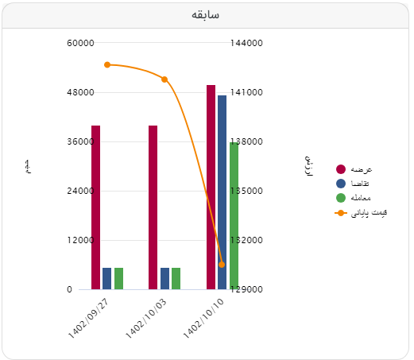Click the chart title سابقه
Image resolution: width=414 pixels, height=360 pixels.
[206, 15]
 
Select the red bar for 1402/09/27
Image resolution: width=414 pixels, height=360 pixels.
[95, 207]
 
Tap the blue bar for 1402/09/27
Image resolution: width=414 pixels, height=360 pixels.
[106, 278]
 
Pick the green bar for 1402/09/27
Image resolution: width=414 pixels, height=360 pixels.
[118, 278]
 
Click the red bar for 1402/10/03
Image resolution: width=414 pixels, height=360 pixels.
[153, 207]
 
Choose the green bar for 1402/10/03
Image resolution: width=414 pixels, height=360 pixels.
[176, 278]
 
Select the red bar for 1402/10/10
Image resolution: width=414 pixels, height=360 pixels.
[211, 187]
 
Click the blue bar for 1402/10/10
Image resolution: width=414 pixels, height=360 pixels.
[222, 192]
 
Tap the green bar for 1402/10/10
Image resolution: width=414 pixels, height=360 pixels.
[234, 215]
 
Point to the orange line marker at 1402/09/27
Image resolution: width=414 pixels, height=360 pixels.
[107, 65]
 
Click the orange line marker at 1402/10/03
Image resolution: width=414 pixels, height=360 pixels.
[164, 79]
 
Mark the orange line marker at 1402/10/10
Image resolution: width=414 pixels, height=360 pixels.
[222, 265]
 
